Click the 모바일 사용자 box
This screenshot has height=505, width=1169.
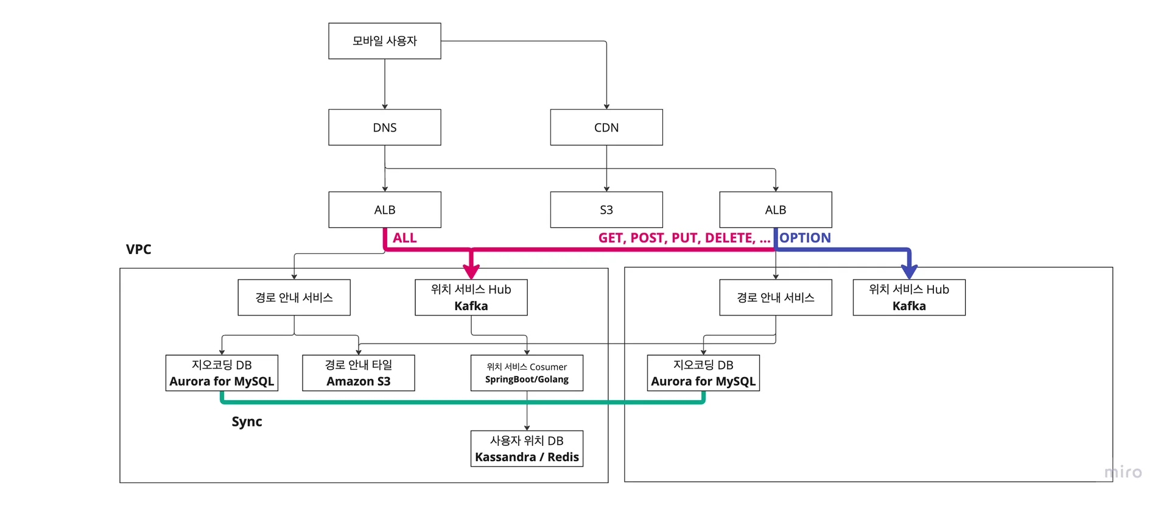click(x=384, y=41)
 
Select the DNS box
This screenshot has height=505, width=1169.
click(x=384, y=127)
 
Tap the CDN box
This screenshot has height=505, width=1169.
click(x=606, y=127)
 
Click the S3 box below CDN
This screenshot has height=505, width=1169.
click(x=606, y=210)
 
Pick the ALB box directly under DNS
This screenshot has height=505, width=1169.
click(x=384, y=210)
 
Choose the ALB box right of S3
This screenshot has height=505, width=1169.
click(x=775, y=210)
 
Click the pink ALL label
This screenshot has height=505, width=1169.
click(x=404, y=238)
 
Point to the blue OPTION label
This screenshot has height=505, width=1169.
click(x=805, y=238)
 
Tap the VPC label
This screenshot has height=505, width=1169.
click(x=138, y=249)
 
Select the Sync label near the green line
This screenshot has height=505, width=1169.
click(x=247, y=422)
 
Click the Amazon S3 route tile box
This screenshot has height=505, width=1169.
click(x=358, y=373)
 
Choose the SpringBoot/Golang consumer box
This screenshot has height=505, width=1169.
click(x=527, y=373)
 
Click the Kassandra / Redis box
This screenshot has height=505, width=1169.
click(x=527, y=448)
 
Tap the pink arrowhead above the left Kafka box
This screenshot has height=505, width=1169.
click(x=471, y=271)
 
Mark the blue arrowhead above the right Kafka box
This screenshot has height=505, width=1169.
click(x=909, y=271)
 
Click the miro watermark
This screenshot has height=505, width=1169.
click(x=1123, y=472)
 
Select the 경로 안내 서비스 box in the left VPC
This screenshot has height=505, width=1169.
click(x=293, y=297)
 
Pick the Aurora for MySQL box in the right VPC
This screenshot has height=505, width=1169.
click(x=703, y=373)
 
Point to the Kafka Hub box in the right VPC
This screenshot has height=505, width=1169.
click(x=908, y=297)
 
